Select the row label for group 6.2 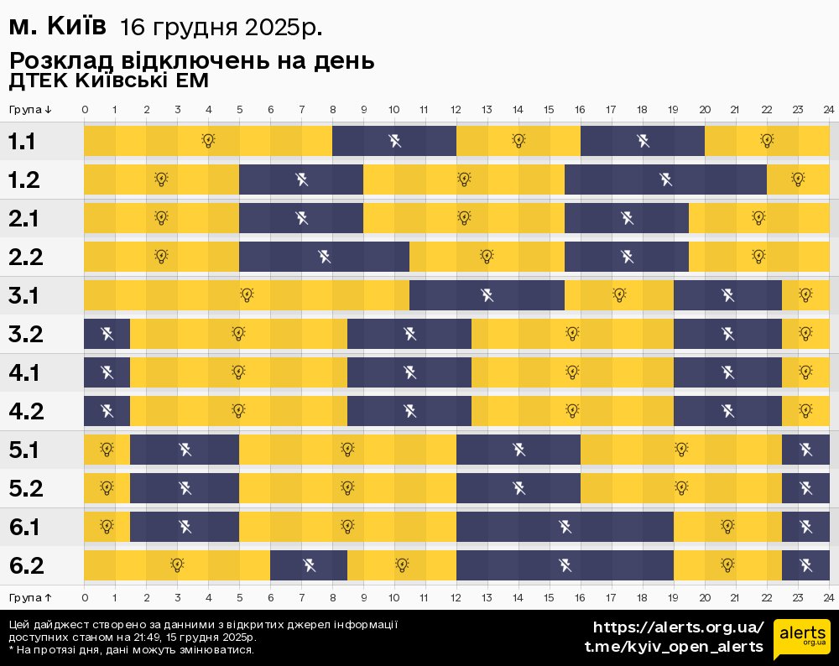[x=26, y=566]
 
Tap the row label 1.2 [x=24, y=180]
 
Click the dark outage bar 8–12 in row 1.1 [x=394, y=140]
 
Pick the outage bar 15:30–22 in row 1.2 [x=665, y=180]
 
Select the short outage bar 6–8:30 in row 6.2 [x=309, y=565]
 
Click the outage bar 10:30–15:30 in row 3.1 [x=487, y=295]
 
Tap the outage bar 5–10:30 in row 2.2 [x=325, y=257]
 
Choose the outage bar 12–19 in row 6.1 [x=565, y=527]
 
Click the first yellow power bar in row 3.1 [x=246, y=295]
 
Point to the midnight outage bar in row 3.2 [x=107, y=334]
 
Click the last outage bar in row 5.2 [x=805, y=488]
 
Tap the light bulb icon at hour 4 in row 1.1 [x=209, y=140]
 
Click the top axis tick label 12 [x=456, y=110]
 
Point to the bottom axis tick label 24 [x=828, y=597]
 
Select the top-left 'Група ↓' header [x=31, y=110]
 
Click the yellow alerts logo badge [x=802, y=639]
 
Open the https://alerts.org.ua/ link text [x=678, y=627]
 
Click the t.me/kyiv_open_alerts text [x=674, y=647]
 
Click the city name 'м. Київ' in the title [x=57, y=27]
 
